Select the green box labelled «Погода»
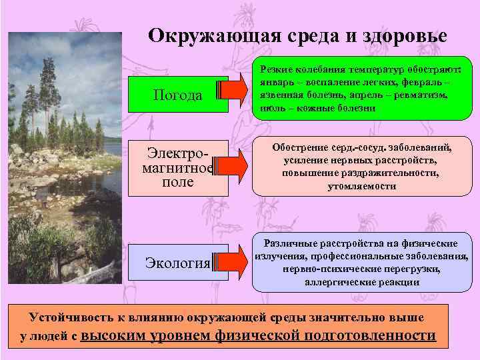click(x=177, y=95)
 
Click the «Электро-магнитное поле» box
click(x=177, y=168)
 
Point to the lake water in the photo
click(x=107, y=160)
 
